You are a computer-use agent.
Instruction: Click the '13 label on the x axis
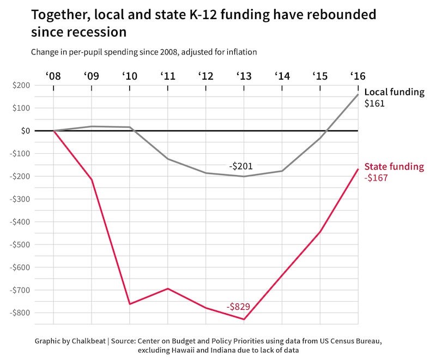pos(244,75)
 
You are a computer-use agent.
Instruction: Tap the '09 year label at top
pos(91,75)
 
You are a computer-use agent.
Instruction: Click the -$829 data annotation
pos(238,307)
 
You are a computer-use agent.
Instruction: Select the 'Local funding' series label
pos(393,92)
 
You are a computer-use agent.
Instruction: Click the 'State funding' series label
pos(393,167)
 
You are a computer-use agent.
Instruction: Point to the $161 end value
pos(374,103)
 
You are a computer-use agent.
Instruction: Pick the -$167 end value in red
pos(376,178)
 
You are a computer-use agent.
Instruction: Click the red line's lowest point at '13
pos(244,319)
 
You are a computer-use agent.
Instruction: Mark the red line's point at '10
pos(130,304)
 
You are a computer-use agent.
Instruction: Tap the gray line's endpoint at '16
pos(358,94)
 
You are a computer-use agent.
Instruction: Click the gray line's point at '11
pos(168,159)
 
